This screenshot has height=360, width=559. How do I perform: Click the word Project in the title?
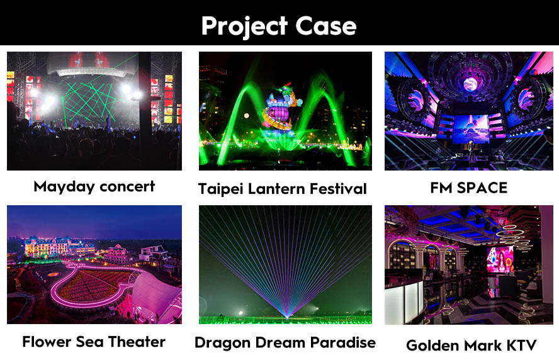click(x=244, y=26)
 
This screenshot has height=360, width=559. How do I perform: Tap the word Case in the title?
click(x=326, y=26)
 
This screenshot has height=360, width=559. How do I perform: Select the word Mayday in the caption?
click(x=64, y=187)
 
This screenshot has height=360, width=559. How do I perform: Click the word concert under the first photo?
click(x=127, y=186)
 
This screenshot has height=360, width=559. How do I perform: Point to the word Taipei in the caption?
click(x=221, y=189)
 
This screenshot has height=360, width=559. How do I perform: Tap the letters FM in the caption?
click(x=441, y=188)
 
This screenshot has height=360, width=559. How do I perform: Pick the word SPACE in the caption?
click(x=482, y=188)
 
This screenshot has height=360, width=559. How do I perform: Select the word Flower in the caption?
click(x=47, y=342)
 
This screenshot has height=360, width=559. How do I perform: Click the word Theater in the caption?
click(x=137, y=342)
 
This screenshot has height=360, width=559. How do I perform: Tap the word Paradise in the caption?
click(x=342, y=342)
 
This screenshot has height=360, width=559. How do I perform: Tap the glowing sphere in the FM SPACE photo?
click(x=470, y=84)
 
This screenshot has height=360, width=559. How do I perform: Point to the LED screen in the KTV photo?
click(x=500, y=259)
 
